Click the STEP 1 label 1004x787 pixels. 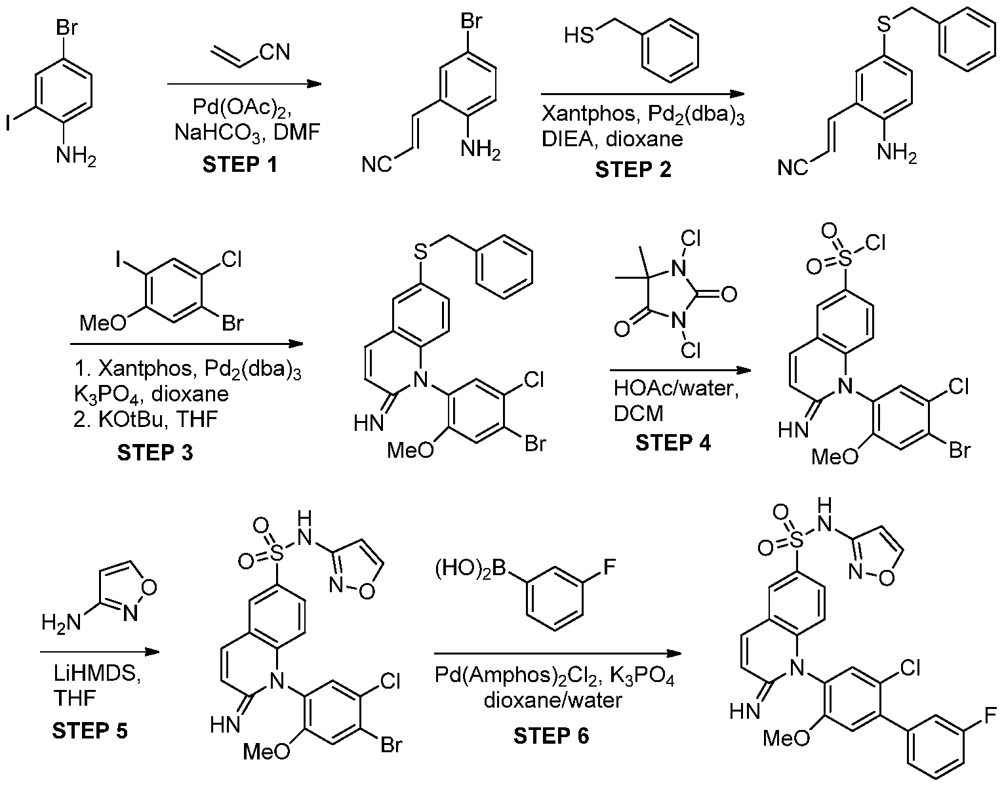(240, 165)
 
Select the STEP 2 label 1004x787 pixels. (633, 169)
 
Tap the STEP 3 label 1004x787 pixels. (155, 453)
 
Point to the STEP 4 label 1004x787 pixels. (673, 443)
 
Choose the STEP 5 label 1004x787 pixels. (90, 731)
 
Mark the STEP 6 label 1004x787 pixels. (552, 736)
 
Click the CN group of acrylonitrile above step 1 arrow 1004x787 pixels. (275, 52)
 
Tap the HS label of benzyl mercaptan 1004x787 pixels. (579, 35)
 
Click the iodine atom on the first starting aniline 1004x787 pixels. (9, 123)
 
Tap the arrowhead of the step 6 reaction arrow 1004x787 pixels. (674, 653)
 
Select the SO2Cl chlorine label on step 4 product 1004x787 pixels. (875, 243)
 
